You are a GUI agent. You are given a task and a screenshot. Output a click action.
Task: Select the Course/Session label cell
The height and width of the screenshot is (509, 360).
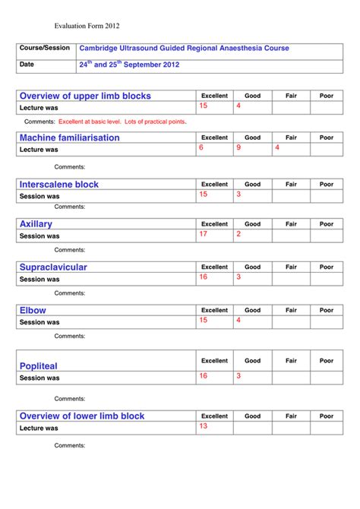pos(45,49)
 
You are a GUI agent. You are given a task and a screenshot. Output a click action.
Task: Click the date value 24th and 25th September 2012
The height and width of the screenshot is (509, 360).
pos(129,65)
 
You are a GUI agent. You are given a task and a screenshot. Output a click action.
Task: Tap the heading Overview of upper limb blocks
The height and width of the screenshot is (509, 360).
pos(85,96)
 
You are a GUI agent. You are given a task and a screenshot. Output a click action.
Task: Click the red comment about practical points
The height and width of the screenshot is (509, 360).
pos(122,122)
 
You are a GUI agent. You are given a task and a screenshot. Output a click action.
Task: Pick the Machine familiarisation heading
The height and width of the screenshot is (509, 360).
pos(69,138)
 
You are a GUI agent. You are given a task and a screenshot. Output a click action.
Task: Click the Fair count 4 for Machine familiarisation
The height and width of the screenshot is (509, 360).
pos(277,147)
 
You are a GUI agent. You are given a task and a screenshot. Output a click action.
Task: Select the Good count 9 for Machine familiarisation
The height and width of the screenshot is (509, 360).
pos(238,147)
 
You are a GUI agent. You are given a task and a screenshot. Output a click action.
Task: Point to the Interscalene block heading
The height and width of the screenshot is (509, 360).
pos(59,184)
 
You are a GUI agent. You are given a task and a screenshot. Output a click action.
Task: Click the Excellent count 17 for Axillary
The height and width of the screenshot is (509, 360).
pos(203,234)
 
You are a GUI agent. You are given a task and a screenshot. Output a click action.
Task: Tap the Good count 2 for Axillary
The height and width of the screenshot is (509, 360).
pos(238,234)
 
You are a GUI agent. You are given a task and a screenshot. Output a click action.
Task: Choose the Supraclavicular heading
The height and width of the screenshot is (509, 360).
pos(53,267)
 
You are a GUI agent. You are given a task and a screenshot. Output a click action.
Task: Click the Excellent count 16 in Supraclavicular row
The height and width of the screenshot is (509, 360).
pos(203,277)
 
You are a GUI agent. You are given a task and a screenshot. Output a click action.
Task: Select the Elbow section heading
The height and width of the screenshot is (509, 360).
pos(33,310)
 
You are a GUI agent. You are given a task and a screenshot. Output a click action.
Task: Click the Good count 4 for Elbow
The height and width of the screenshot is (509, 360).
pos(238,320)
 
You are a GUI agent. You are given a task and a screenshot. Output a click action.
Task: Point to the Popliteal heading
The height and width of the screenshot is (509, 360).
pos(39,366)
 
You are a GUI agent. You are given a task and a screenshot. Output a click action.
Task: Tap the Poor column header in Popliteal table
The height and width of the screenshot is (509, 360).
pos(326,361)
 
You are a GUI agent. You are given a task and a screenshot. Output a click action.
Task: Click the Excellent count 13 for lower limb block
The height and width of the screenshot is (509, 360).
pos(203,426)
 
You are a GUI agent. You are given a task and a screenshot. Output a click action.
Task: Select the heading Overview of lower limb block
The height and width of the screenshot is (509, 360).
pos(82,416)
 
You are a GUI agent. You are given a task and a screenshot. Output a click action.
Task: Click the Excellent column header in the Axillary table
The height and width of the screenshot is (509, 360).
pos(214,224)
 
